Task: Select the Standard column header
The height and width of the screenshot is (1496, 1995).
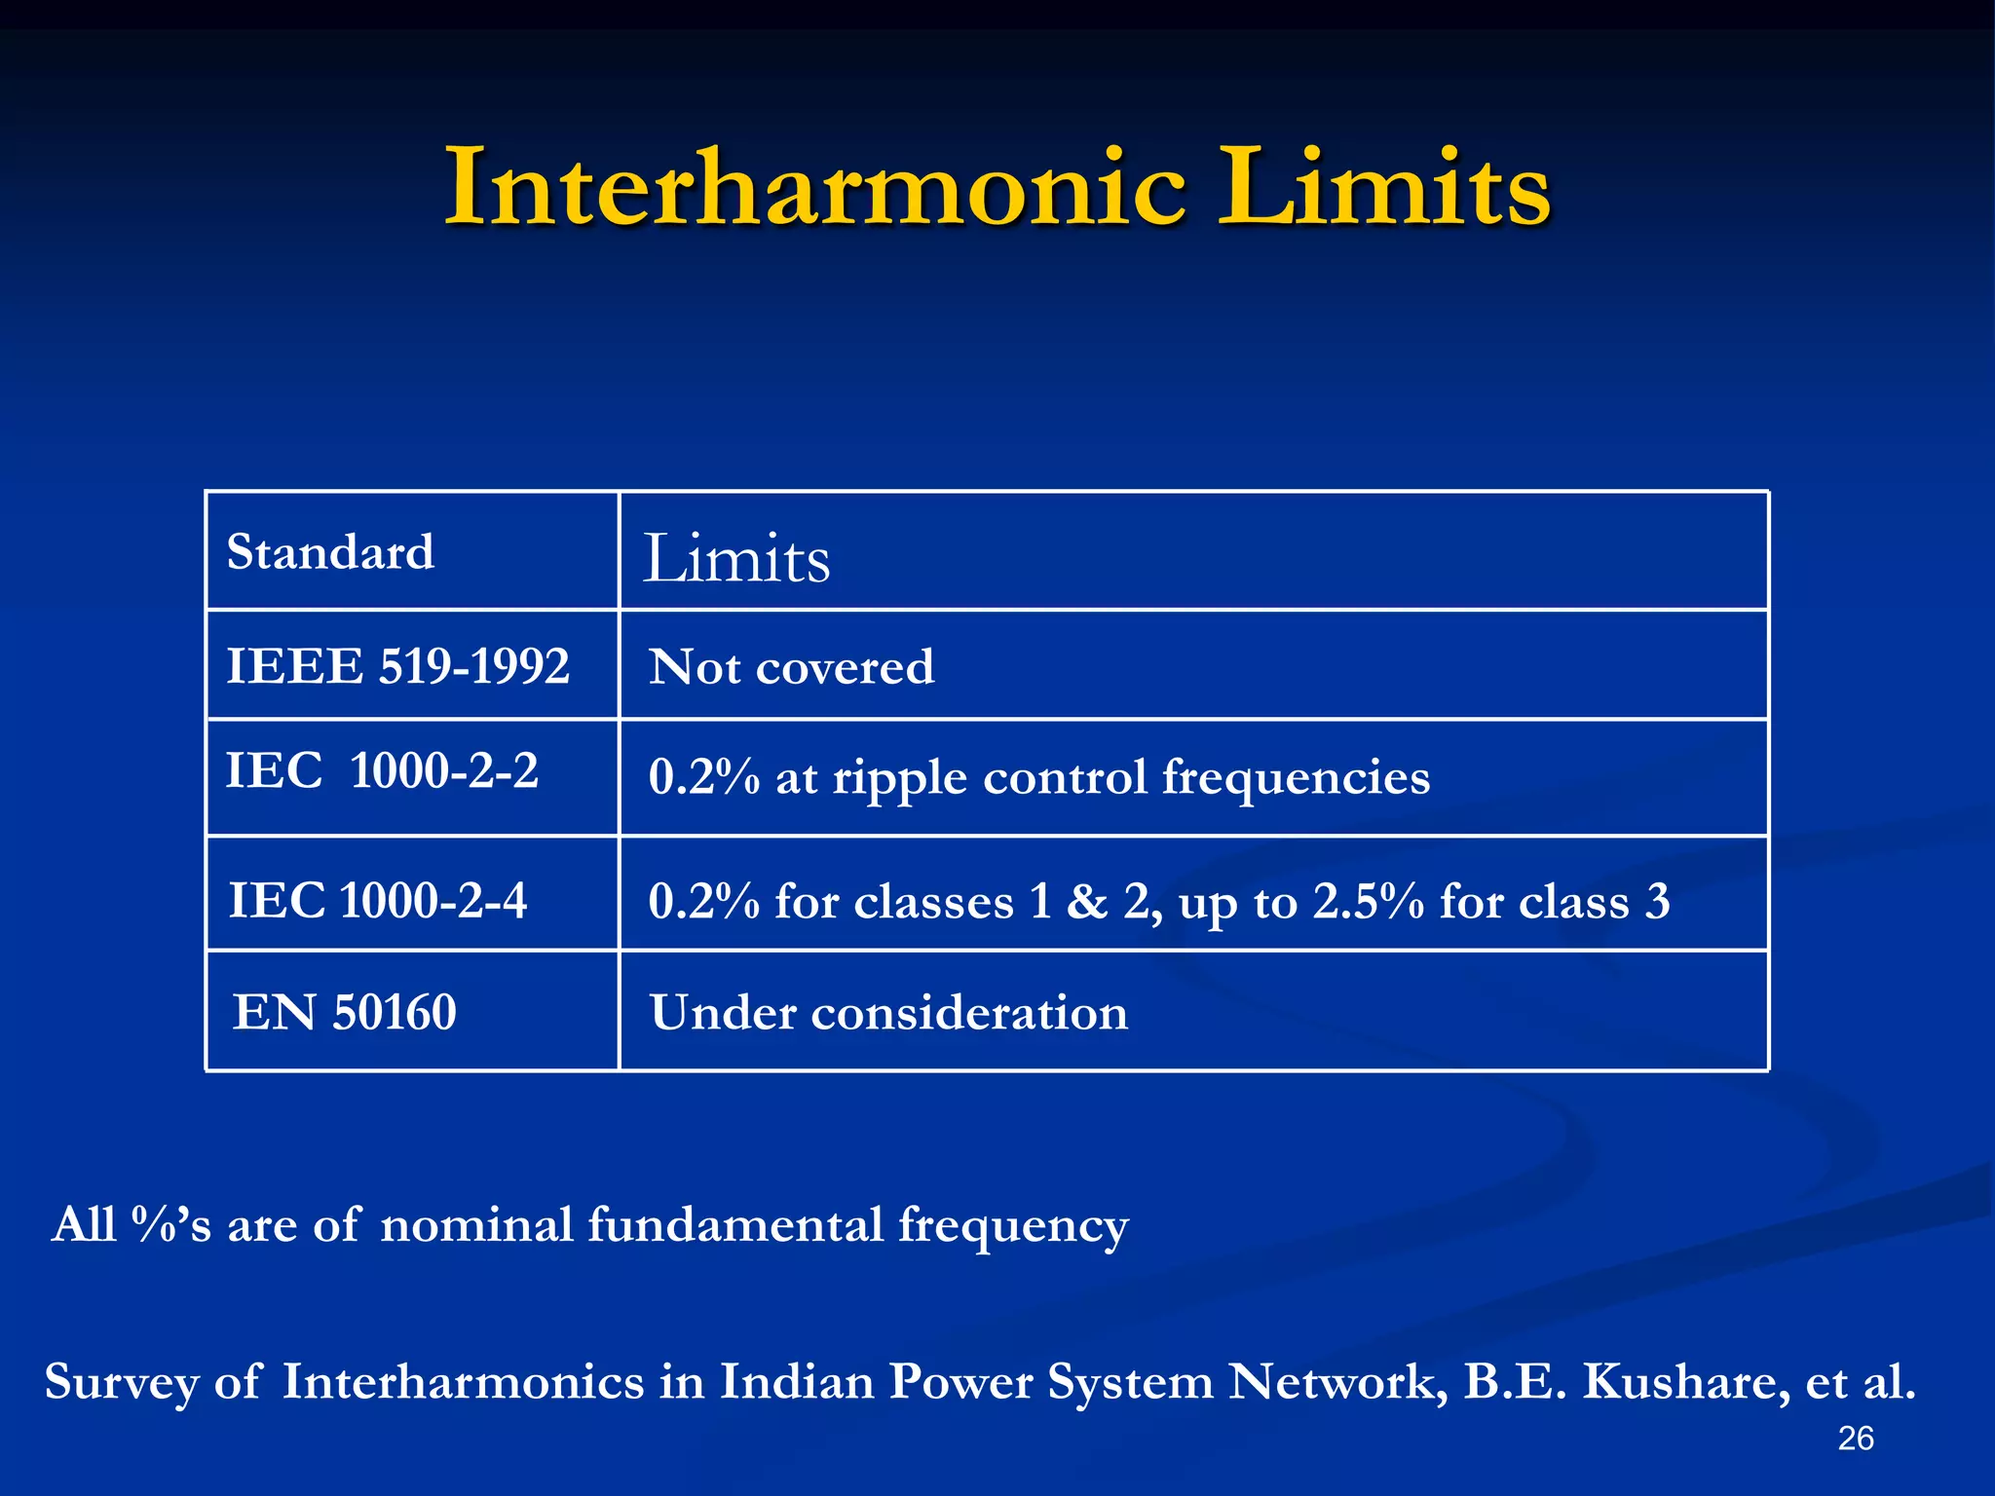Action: click(x=330, y=552)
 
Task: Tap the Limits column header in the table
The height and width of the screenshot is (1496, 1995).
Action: click(x=736, y=559)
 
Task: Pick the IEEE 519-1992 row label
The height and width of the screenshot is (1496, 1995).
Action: click(x=397, y=667)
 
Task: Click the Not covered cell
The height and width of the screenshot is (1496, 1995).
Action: click(x=791, y=668)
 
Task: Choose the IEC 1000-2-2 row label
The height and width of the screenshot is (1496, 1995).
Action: click(x=382, y=771)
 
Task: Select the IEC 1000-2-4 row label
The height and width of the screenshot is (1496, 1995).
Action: click(x=377, y=900)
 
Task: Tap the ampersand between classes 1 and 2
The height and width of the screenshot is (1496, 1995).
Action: click(x=1087, y=901)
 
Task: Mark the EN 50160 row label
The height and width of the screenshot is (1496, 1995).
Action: click(x=344, y=1012)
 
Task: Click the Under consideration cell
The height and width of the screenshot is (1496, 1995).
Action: click(x=888, y=1013)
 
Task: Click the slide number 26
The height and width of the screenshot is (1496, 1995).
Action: click(x=1855, y=1439)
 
